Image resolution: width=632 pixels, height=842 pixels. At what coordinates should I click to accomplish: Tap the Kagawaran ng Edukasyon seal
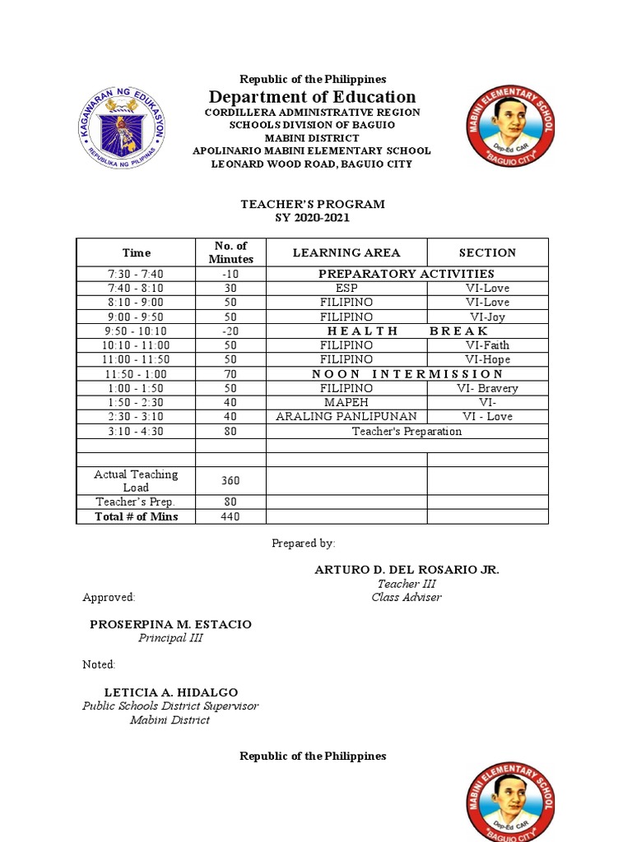[123, 127]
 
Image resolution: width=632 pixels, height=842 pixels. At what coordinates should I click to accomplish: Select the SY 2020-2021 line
[312, 218]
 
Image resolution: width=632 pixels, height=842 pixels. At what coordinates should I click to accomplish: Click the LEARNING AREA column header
[346, 252]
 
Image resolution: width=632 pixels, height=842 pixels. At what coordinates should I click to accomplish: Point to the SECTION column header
[487, 252]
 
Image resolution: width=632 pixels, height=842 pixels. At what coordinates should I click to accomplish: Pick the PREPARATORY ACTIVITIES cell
[407, 274]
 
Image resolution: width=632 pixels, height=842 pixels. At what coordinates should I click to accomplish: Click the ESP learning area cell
[346, 289]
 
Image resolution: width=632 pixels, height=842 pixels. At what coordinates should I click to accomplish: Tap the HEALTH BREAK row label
[407, 331]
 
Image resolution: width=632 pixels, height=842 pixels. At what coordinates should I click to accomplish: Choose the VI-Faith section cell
[487, 345]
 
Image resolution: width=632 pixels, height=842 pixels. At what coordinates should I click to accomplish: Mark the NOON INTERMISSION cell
[407, 374]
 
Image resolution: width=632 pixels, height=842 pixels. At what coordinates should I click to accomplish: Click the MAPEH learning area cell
[346, 402]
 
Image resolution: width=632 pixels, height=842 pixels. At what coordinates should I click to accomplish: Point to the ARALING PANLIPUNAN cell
[346, 416]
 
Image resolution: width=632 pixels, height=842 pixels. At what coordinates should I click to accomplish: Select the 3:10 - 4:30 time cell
[135, 431]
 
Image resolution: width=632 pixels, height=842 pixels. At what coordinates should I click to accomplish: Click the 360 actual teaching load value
[230, 480]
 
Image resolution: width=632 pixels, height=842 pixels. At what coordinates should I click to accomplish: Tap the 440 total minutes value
[230, 516]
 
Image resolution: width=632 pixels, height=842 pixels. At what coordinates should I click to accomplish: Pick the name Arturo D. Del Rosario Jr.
[407, 570]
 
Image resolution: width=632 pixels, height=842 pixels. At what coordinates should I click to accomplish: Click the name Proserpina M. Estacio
[170, 624]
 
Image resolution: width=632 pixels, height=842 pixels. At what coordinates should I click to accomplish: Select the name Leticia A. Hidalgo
[170, 692]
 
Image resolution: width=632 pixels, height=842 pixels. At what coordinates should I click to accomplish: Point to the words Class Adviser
[406, 597]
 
